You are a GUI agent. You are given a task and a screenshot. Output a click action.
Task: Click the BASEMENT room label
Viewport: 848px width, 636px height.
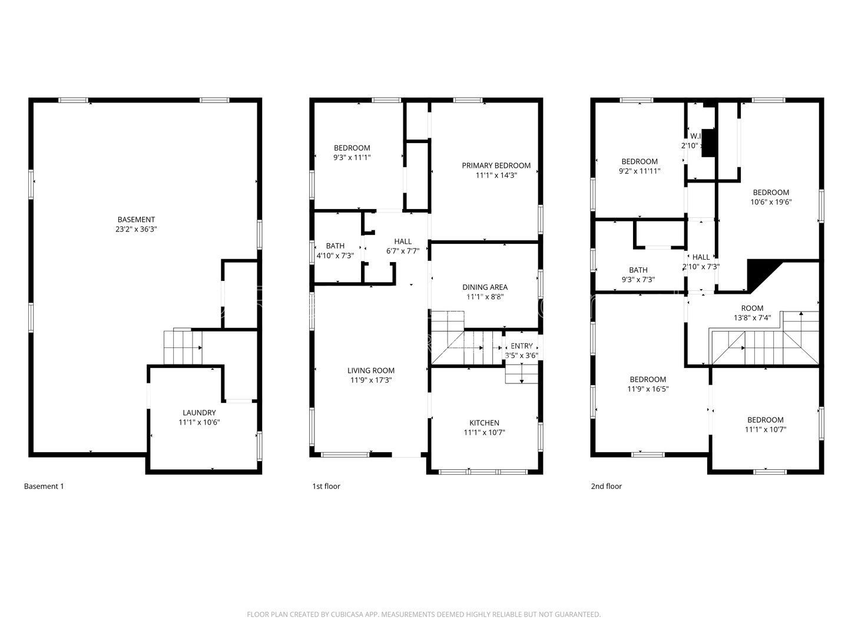pyautogui.click(x=136, y=220)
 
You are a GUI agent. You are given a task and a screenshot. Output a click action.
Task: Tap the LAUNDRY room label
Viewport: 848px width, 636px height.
pyautogui.click(x=199, y=413)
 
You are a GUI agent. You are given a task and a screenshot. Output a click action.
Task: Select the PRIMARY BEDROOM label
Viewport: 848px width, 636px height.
pyautogui.click(x=496, y=165)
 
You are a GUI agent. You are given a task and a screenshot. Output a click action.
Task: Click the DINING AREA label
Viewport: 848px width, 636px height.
pyautogui.click(x=485, y=287)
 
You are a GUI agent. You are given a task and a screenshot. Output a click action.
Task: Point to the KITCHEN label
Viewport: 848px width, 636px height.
pyautogui.click(x=484, y=423)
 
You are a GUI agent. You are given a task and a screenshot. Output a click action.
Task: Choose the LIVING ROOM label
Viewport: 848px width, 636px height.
pyautogui.click(x=370, y=370)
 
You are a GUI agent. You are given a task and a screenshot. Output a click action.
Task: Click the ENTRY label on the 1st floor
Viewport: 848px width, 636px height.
pyautogui.click(x=522, y=346)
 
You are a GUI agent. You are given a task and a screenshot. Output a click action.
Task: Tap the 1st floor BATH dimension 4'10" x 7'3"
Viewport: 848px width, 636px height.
pyautogui.click(x=335, y=256)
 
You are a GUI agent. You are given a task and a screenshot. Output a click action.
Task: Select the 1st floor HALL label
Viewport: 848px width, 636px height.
pyautogui.click(x=403, y=241)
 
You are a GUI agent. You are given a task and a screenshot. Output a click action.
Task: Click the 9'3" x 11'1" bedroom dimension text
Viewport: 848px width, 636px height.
pyautogui.click(x=352, y=157)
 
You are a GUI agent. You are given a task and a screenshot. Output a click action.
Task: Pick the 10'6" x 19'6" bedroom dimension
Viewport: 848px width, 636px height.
pyautogui.click(x=771, y=201)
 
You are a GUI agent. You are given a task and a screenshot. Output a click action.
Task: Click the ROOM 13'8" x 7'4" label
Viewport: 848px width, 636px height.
pyautogui.click(x=752, y=308)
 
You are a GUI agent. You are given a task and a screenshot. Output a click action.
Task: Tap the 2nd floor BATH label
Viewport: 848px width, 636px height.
pyautogui.click(x=638, y=270)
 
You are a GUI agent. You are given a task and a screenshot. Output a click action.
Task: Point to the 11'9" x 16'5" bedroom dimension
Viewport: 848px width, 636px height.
pyautogui.click(x=648, y=389)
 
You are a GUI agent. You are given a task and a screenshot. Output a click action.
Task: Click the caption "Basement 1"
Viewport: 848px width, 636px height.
pyautogui.click(x=44, y=486)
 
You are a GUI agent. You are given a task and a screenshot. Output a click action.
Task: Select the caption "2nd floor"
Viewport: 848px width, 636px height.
pyautogui.click(x=606, y=486)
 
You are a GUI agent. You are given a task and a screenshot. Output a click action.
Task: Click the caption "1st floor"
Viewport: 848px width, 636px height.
pyautogui.click(x=326, y=486)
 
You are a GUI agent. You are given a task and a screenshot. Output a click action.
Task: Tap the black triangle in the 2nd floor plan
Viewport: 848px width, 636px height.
pyautogui.click(x=758, y=273)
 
